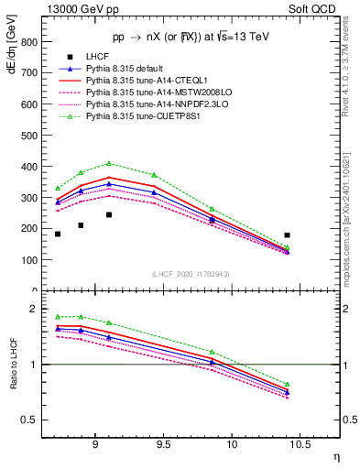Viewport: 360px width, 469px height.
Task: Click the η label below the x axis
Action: click(335, 456)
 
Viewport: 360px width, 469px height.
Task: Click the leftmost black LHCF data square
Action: click(58, 234)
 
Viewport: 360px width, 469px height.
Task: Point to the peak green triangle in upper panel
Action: click(109, 164)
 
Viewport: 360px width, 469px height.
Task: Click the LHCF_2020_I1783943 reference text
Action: click(191, 275)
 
